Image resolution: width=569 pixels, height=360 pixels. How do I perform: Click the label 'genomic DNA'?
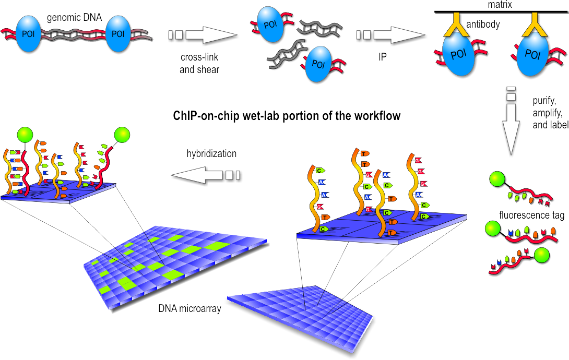[70, 17]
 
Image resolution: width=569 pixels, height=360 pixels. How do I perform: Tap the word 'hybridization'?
[211, 154]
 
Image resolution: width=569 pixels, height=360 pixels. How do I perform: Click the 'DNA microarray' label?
[189, 308]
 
